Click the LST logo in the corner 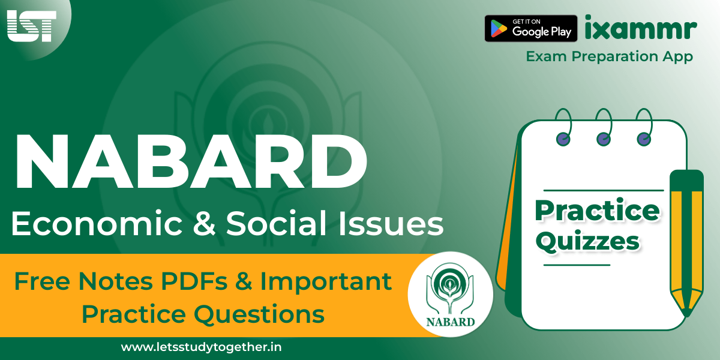[31, 26]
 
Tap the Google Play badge [530, 28]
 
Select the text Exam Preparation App [609, 56]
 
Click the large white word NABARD [191, 161]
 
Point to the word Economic [97, 223]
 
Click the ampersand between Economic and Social [204, 223]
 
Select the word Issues [391, 223]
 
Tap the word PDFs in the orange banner [194, 281]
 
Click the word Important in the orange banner [326, 282]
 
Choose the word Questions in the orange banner [259, 314]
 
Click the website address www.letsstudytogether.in [201, 347]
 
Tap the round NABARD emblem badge [451, 294]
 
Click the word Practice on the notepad [597, 211]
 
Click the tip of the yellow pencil [686, 315]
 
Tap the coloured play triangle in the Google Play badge [499, 28]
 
